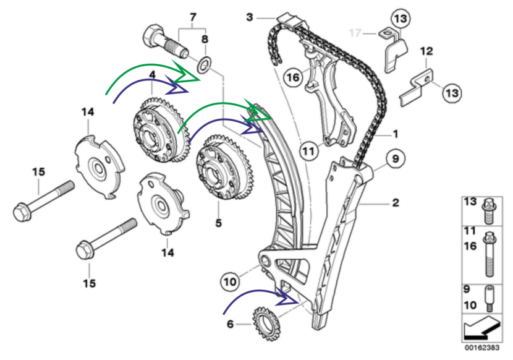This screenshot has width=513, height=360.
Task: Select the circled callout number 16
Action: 293,77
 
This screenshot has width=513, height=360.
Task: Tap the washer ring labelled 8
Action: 205,63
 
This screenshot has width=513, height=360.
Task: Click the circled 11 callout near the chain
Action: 309,148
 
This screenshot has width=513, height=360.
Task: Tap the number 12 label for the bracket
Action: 426,52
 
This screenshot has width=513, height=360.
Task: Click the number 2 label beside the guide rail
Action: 394,202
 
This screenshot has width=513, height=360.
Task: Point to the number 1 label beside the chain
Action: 394,132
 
